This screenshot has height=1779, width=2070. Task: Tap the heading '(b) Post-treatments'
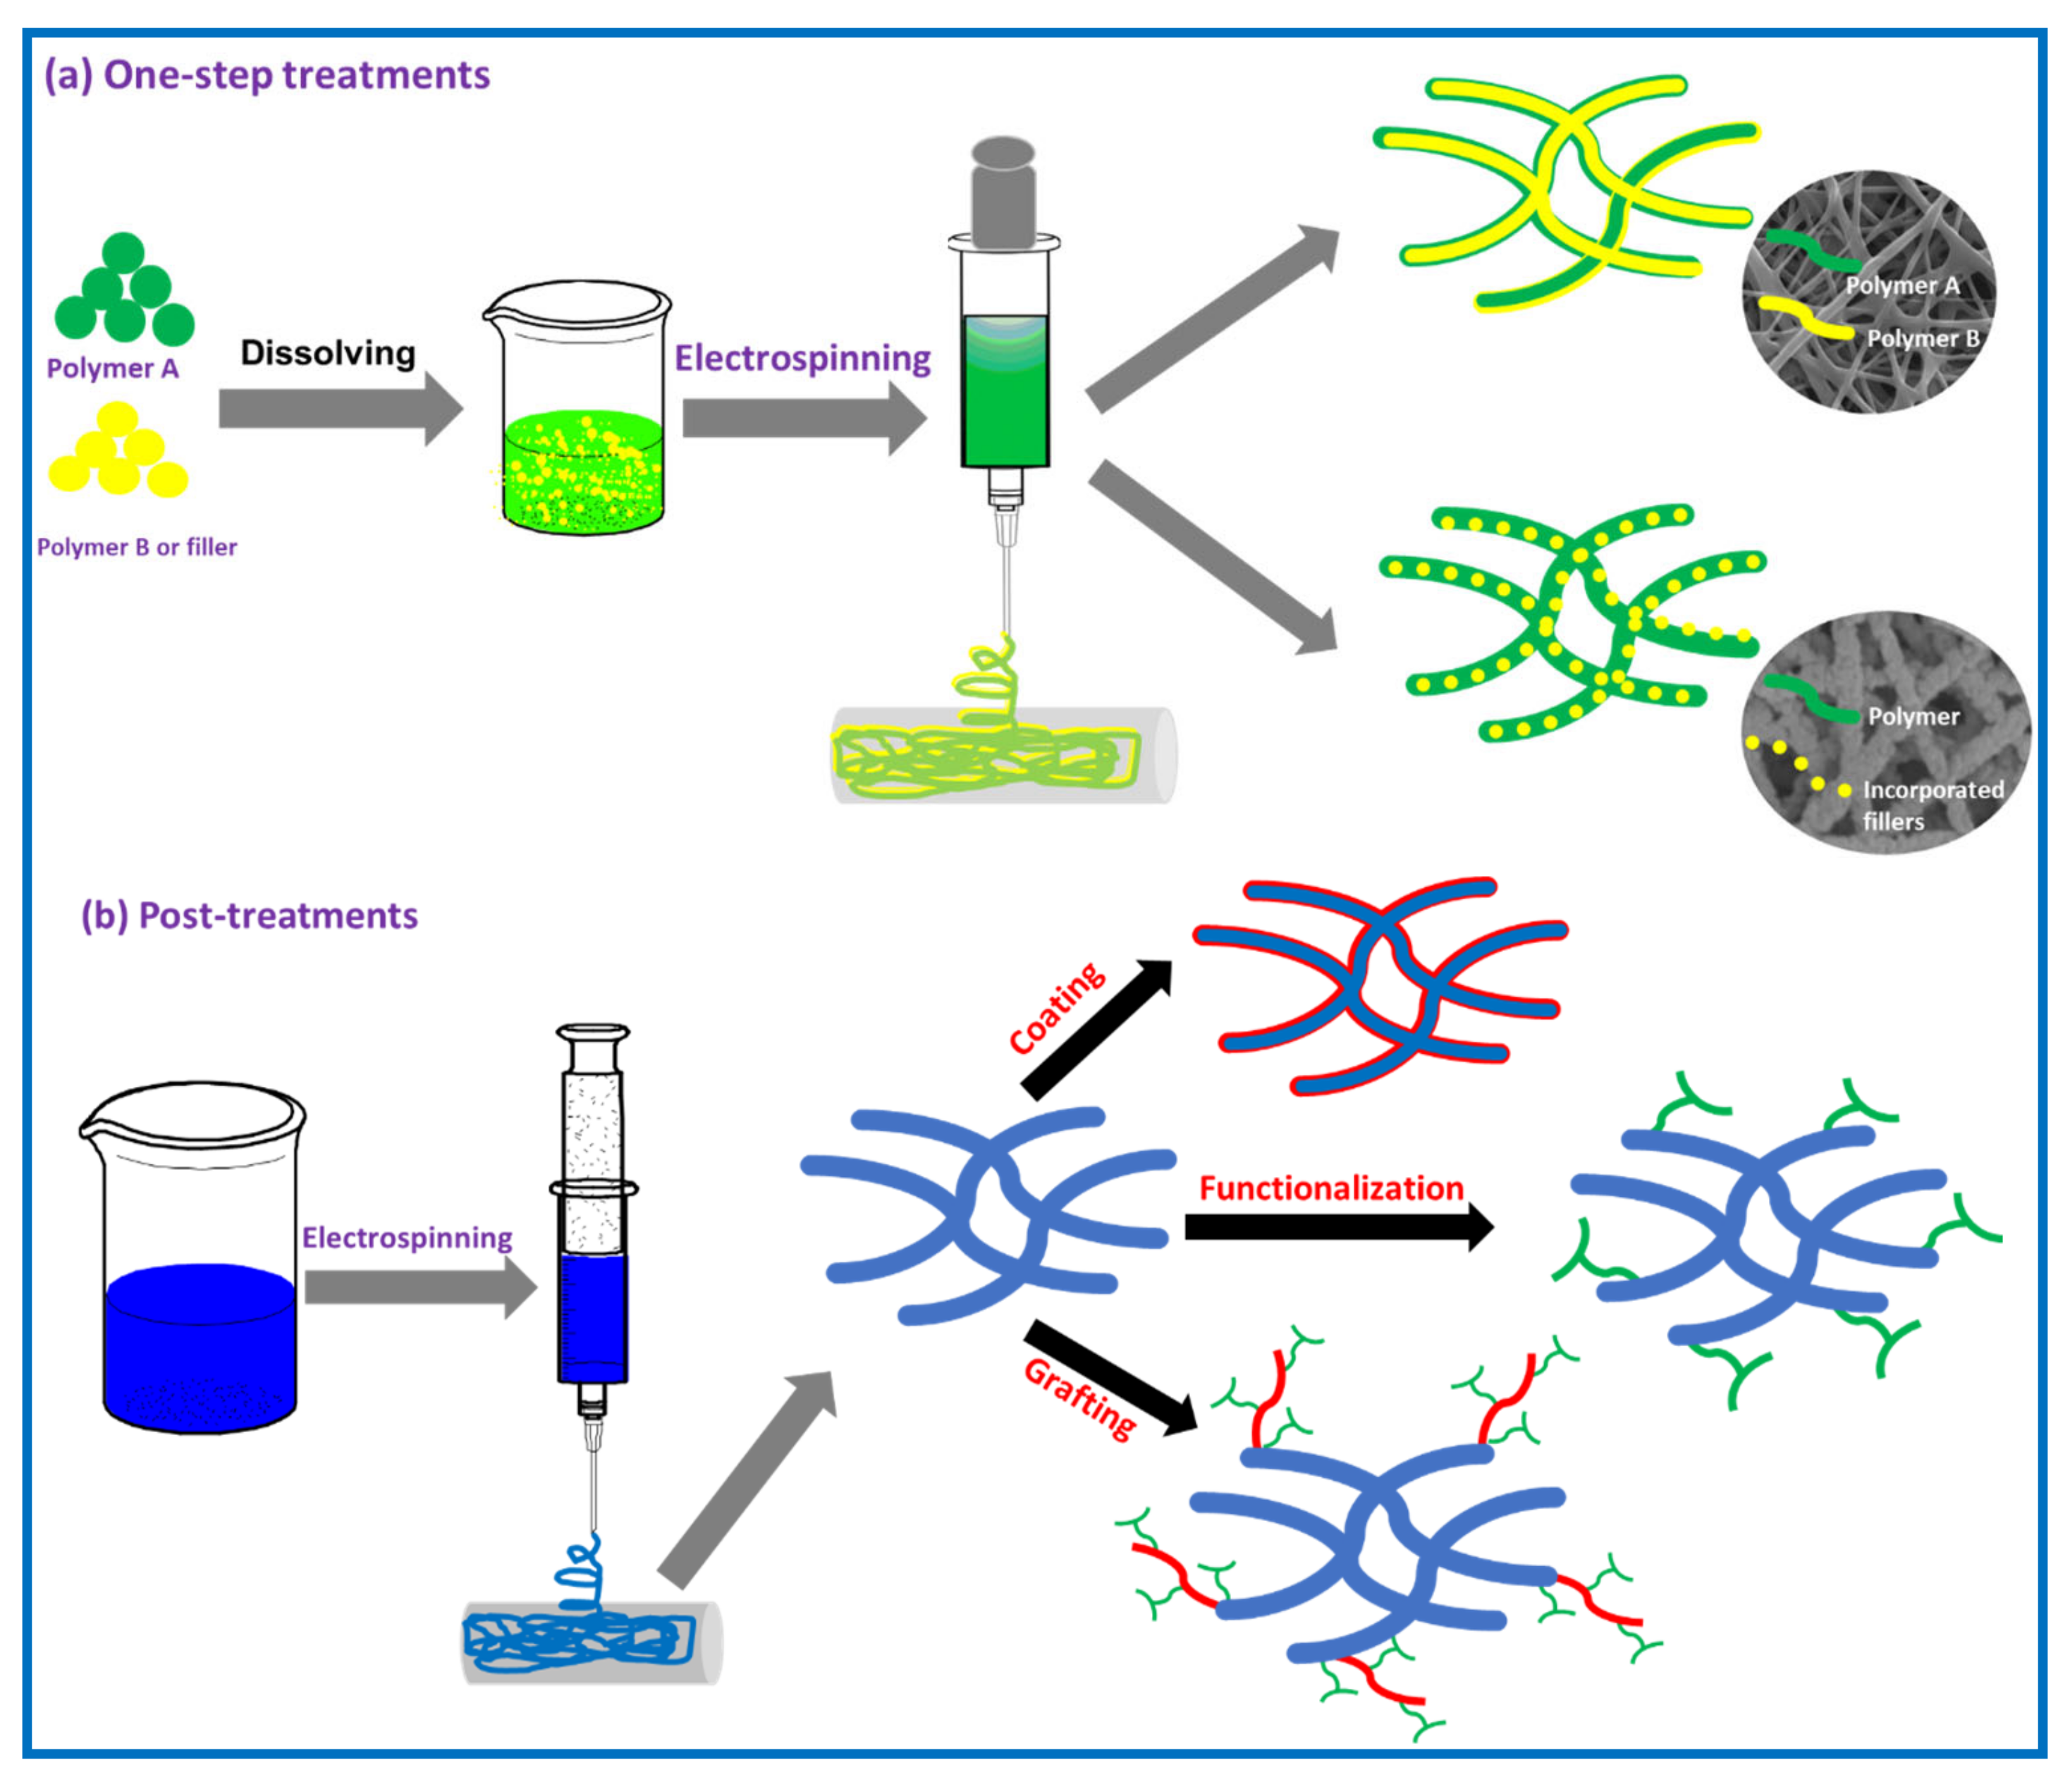tap(250, 915)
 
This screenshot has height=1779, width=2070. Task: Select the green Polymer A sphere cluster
tap(124, 292)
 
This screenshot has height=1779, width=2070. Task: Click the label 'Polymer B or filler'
tap(137, 548)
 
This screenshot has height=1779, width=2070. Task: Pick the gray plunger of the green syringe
tap(1003, 195)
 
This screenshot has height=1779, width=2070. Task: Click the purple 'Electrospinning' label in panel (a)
tap(802, 357)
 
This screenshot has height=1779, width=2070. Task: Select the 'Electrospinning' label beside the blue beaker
tap(407, 1238)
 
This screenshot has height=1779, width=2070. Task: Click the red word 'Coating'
tap(1056, 1009)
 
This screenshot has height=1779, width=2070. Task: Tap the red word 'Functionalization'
tap(1330, 1188)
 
